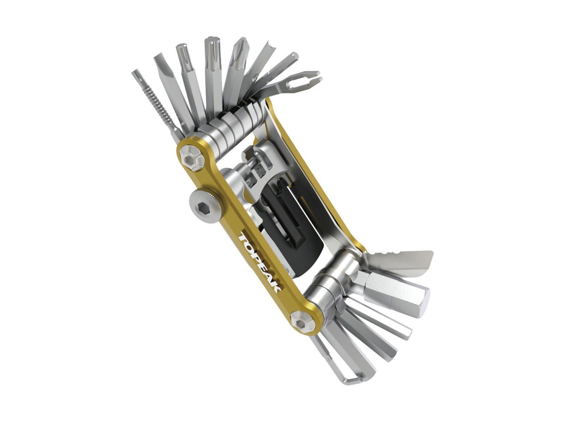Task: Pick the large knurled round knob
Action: pyautogui.click(x=203, y=206)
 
